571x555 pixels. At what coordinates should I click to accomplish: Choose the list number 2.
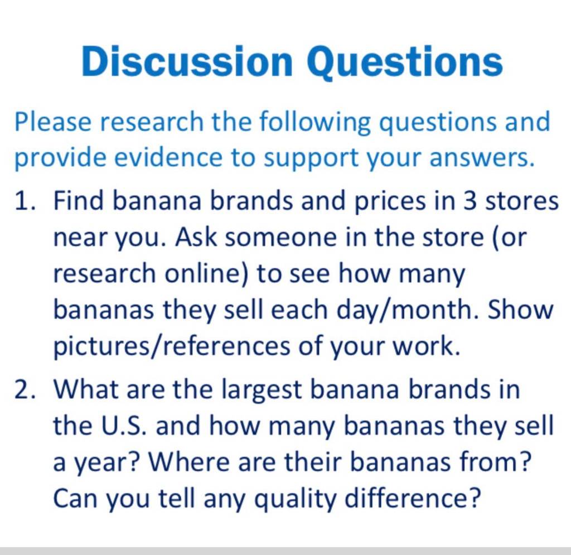pos(25,389)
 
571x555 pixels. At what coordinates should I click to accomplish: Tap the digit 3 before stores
pos(470,201)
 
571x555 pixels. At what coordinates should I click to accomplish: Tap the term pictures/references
pos(172,346)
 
